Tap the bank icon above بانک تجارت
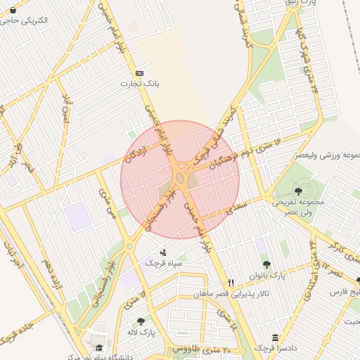click(139, 73)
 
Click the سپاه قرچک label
click(164, 262)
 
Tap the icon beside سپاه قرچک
click(164, 252)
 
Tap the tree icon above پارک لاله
click(141, 321)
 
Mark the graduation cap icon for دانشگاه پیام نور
click(99, 347)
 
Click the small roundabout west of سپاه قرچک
click(129, 245)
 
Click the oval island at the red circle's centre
click(180, 179)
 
